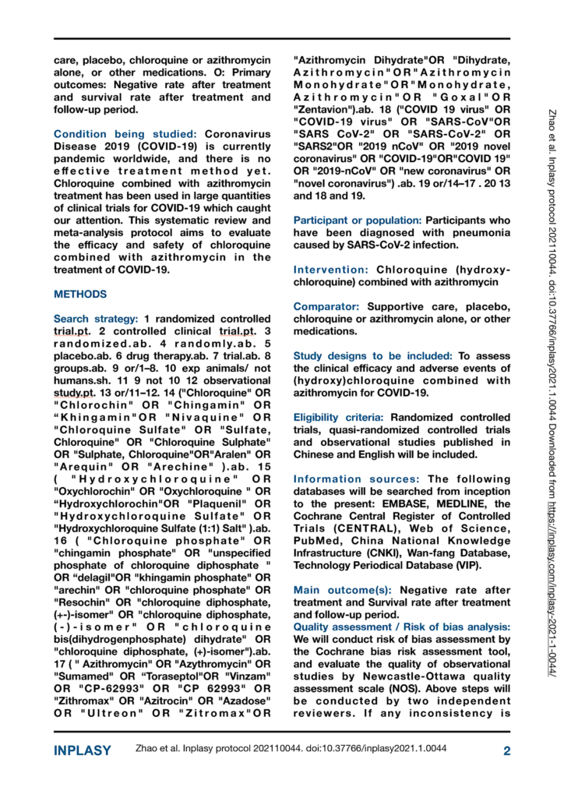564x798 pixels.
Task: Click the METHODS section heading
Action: tap(79, 295)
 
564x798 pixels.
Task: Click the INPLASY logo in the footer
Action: tap(82, 750)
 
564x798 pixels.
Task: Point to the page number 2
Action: tap(506, 750)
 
